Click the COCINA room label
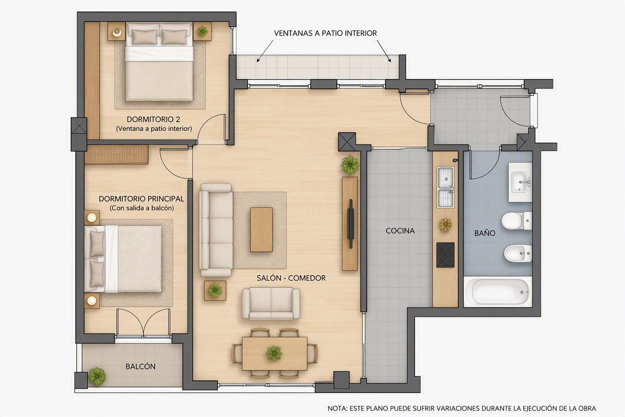click(x=400, y=231)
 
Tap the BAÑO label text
click(x=485, y=233)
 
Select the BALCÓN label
click(x=140, y=367)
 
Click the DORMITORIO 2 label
click(x=153, y=119)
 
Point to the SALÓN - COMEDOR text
click(x=291, y=278)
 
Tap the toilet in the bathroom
click(x=517, y=221)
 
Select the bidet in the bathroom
click(x=518, y=254)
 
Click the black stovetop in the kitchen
click(x=445, y=255)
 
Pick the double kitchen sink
click(x=445, y=187)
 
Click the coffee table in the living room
click(x=261, y=230)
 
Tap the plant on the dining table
click(x=274, y=353)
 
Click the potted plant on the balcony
click(x=97, y=377)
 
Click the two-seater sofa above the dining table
click(x=271, y=304)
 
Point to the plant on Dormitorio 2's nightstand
click(x=202, y=31)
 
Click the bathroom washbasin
click(x=520, y=182)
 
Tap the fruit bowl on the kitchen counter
click(x=445, y=224)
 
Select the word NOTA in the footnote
click(x=337, y=408)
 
